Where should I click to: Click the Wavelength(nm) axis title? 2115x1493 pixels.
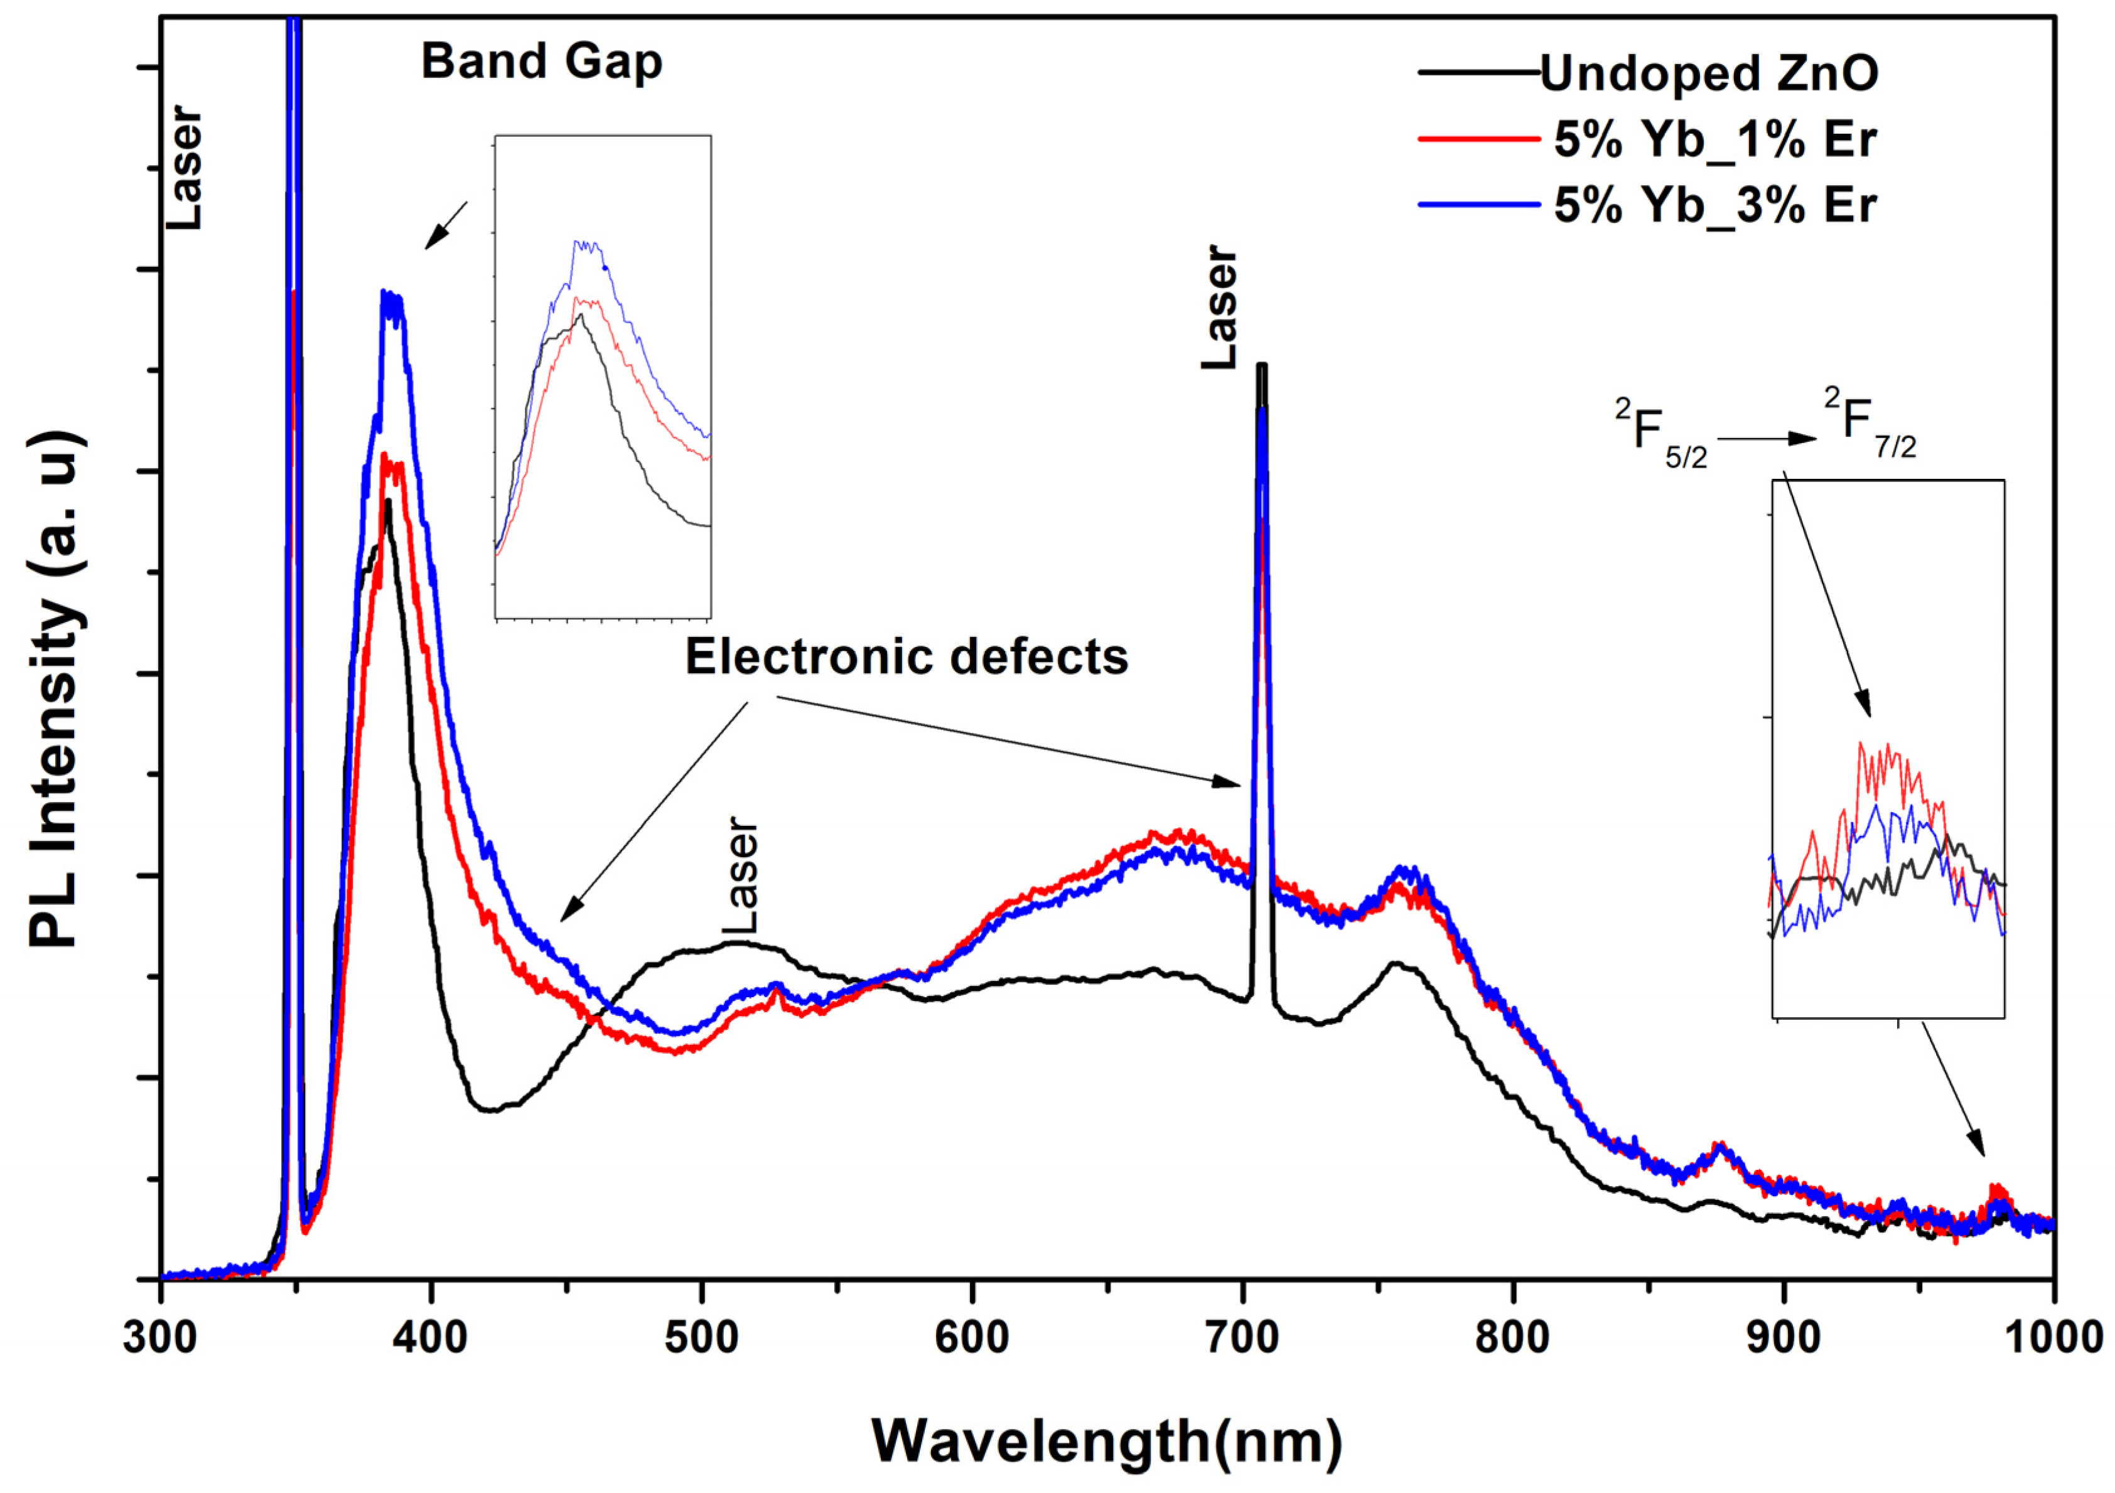tap(1106, 1442)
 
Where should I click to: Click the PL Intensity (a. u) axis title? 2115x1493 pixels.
tap(57, 691)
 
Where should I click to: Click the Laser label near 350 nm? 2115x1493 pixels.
tap(183, 168)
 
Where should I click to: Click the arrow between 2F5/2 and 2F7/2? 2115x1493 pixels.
tap(1765, 439)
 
